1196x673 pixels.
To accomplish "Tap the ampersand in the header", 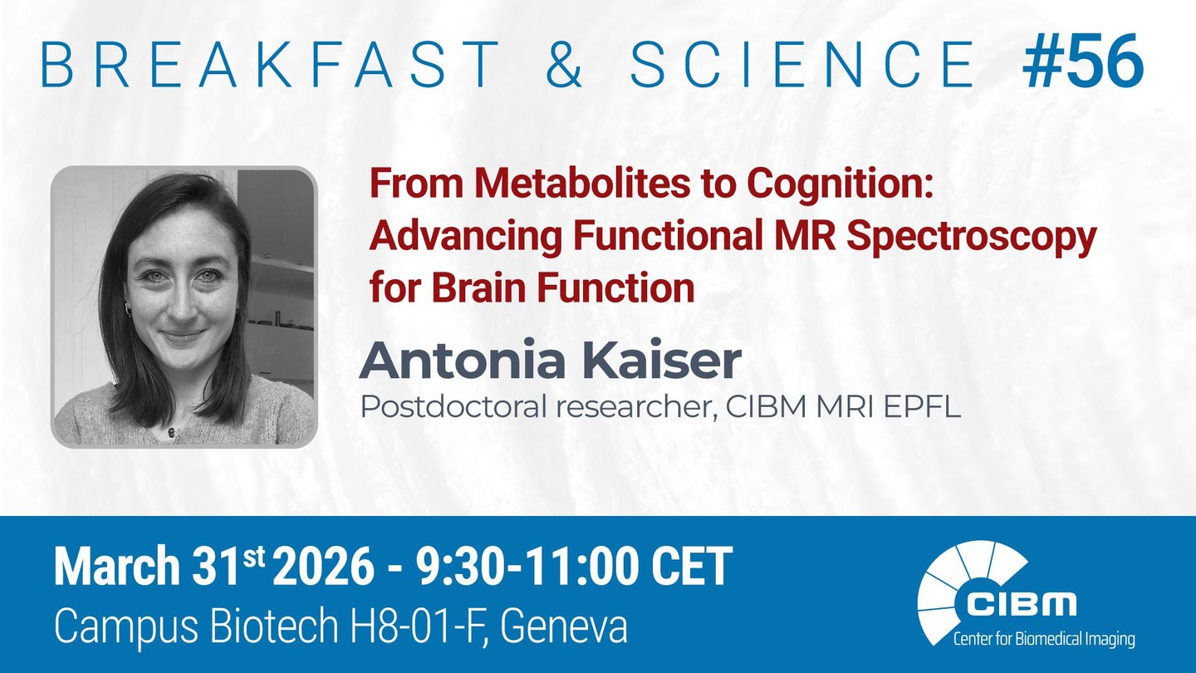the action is coord(565,64).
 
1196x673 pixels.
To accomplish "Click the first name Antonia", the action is coord(463,360).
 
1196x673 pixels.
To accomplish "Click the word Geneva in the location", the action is coord(564,627).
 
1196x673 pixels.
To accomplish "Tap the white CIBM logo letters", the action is coord(1021,603).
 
